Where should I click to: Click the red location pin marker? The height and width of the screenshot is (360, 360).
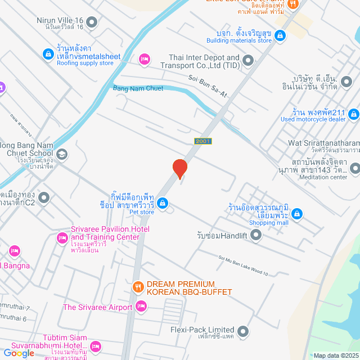179,168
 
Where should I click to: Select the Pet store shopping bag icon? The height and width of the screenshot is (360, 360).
162,202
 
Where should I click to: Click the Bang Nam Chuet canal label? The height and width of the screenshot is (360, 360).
138,88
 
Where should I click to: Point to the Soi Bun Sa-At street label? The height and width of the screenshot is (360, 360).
208,87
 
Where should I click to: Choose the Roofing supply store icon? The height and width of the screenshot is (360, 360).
47,54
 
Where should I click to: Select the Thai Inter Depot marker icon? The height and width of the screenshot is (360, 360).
249,58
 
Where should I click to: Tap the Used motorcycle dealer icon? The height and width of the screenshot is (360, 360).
353,114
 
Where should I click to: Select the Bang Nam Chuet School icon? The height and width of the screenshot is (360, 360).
62,154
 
